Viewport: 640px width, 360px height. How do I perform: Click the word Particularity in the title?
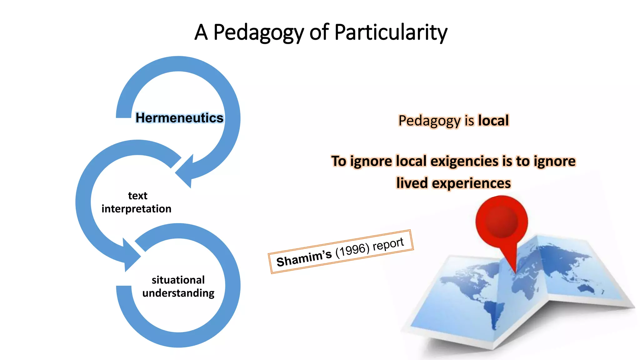(x=391, y=32)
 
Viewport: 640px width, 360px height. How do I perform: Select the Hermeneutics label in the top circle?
(x=179, y=118)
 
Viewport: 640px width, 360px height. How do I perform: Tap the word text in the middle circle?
(x=137, y=196)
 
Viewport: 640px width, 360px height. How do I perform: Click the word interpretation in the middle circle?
(x=136, y=209)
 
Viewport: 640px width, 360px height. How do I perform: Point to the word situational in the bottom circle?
(x=178, y=280)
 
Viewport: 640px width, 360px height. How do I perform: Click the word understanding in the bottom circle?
(x=178, y=293)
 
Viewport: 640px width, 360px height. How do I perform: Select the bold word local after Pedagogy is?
(x=493, y=121)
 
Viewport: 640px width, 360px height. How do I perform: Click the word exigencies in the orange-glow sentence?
(x=464, y=161)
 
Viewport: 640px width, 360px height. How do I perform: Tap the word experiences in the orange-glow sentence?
(x=471, y=183)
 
